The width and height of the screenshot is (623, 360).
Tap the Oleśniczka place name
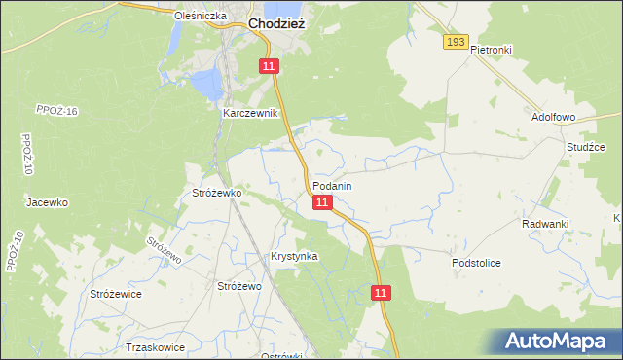(200, 17)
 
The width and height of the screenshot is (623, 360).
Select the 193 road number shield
(455, 42)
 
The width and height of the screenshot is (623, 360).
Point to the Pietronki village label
(491, 50)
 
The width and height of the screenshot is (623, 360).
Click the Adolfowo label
(554, 116)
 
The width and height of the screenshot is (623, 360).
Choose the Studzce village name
(586, 147)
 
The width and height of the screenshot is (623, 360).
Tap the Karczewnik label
(251, 113)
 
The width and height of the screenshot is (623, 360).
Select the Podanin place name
(332, 185)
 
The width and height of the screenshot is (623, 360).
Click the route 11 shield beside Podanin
(323, 202)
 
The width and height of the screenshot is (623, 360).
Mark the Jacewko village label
(47, 203)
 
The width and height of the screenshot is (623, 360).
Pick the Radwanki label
(544, 224)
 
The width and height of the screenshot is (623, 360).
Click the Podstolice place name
(476, 263)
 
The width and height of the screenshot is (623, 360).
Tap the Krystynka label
(294, 256)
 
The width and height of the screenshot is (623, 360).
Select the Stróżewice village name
(115, 294)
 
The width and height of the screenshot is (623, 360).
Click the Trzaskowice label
(156, 346)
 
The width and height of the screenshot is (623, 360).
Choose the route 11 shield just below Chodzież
(270, 65)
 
